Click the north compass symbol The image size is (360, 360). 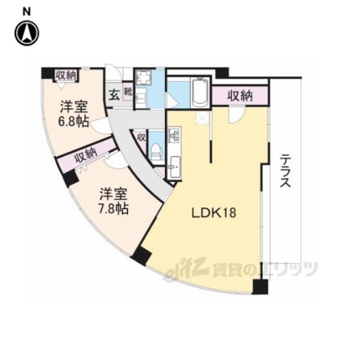(27, 33)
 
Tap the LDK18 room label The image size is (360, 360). (214, 213)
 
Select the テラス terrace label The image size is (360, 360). (285, 171)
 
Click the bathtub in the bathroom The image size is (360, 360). (200, 92)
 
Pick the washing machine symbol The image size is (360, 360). (143, 78)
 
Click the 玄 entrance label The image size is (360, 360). (114, 95)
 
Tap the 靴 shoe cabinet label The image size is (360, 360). (128, 92)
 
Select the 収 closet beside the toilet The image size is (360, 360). (141, 137)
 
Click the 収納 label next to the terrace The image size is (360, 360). (240, 96)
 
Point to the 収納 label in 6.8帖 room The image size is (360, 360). (66, 75)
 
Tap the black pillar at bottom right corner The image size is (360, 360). (260, 287)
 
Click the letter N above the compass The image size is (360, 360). (26, 12)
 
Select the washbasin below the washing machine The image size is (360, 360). (140, 99)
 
